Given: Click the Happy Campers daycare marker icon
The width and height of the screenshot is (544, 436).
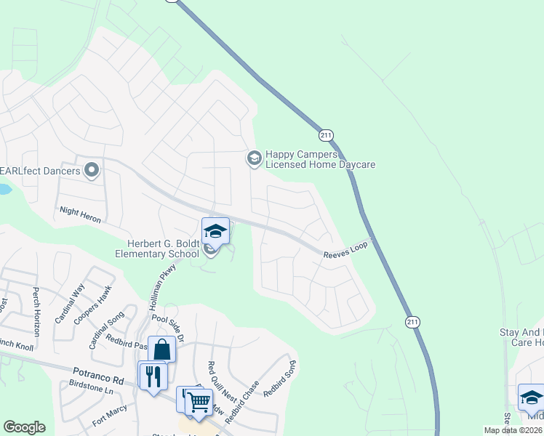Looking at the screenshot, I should [254, 158].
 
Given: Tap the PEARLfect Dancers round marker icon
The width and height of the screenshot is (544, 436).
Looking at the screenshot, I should [92, 170].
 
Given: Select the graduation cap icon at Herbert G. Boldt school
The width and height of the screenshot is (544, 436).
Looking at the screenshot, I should [215, 232].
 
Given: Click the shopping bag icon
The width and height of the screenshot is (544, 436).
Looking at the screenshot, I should [161, 350].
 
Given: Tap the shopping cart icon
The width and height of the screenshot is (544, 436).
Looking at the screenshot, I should [198, 400].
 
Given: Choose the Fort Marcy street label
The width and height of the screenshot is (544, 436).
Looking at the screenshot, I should [110, 414].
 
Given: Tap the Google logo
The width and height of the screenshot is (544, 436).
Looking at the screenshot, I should [24, 427].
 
